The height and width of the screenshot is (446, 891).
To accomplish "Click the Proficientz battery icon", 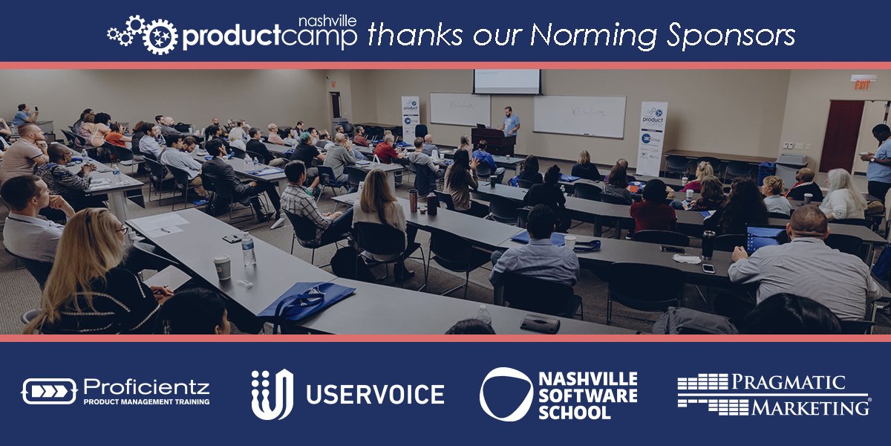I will [49, 391].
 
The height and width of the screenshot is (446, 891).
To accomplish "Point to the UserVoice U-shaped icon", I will [272, 394].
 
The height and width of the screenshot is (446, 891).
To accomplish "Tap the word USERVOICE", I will [376, 394].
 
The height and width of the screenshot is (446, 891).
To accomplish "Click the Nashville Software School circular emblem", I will [506, 394].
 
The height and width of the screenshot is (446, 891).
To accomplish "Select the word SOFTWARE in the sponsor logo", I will [588, 395].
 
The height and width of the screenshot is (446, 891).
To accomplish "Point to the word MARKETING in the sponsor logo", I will [809, 407].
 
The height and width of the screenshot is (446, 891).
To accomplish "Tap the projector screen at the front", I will [507, 81].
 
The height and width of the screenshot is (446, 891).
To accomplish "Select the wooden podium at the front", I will [492, 140].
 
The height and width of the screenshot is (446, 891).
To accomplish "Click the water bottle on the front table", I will [248, 250].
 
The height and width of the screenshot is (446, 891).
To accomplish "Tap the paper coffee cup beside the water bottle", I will [222, 267].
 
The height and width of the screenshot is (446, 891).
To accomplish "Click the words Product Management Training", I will [146, 401].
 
